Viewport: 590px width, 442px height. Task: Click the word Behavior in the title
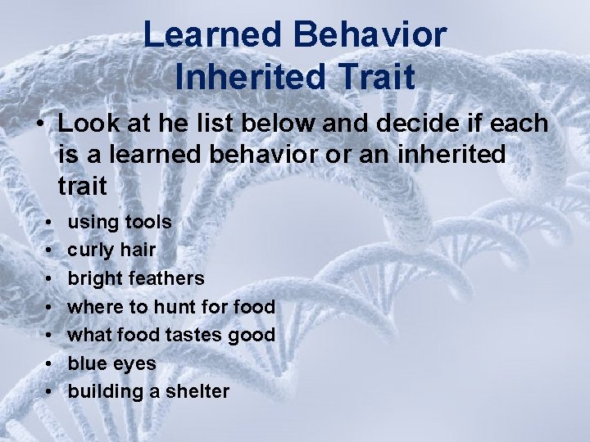tap(372, 35)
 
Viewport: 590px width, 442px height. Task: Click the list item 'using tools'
tap(119, 221)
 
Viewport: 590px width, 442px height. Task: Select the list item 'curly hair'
tap(112, 250)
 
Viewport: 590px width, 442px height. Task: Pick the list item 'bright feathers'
tap(135, 278)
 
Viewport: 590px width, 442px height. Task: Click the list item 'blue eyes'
tap(111, 363)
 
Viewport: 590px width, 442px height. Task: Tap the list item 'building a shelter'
tap(148, 392)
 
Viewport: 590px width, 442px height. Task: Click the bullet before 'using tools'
tap(50, 222)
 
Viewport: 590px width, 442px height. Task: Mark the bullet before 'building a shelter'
tap(50, 392)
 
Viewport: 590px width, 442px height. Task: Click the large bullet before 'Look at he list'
tap(39, 124)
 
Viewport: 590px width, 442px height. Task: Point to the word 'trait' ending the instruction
tap(82, 184)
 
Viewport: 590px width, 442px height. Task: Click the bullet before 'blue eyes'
tap(50, 363)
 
